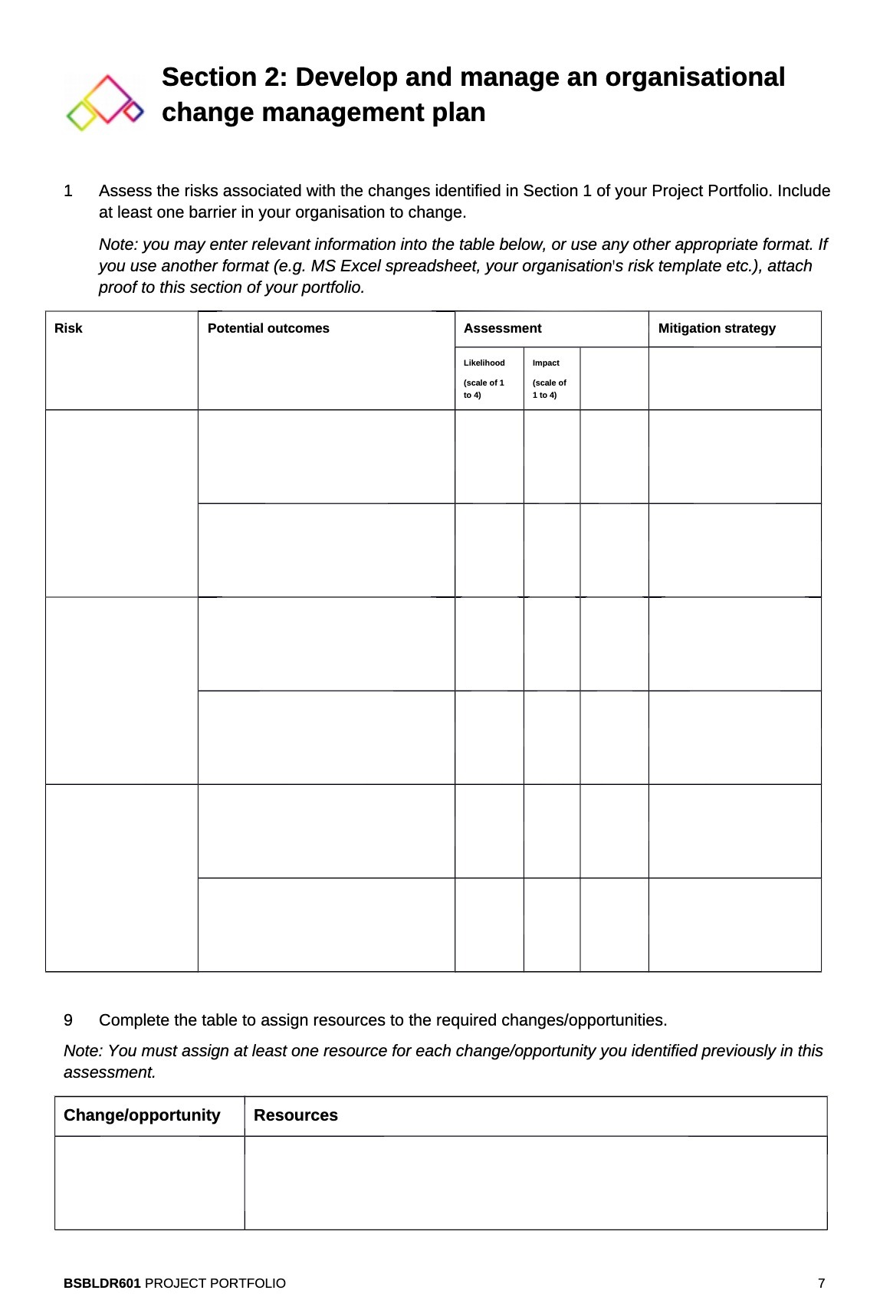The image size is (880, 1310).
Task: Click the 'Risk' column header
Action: pos(68,328)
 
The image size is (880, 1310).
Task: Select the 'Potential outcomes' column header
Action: pos(268,328)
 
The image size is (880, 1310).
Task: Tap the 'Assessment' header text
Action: pos(502,328)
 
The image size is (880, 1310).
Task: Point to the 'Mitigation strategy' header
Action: pos(717,328)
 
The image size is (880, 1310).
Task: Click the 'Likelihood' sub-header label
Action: pos(484,363)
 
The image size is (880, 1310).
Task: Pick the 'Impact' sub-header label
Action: pos(546,363)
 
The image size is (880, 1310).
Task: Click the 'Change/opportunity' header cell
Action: pos(142,1115)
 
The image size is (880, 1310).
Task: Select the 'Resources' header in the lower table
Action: pos(296,1115)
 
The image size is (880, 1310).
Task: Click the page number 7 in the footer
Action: pos(821,1283)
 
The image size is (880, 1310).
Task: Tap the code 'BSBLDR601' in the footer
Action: pos(102,1283)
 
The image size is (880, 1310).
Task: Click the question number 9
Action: pos(68,1020)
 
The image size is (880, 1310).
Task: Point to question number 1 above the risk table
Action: pos(68,191)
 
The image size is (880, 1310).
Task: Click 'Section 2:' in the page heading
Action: pos(224,77)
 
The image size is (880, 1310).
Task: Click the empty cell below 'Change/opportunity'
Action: pos(149,1182)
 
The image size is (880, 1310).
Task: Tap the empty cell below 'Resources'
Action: pos(535,1182)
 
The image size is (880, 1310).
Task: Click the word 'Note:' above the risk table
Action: pos(118,245)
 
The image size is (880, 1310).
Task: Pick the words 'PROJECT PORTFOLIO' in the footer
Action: pos(215,1283)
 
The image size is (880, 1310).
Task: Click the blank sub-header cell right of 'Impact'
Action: pos(614,379)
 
